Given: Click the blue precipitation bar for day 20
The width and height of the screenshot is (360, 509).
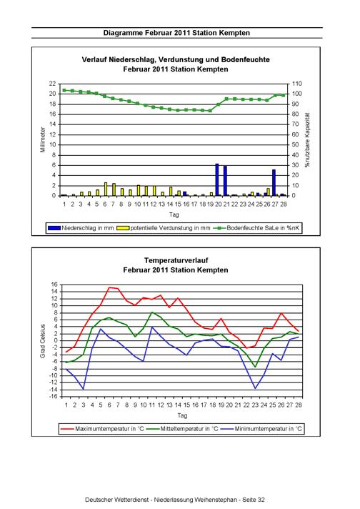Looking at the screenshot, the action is pos(217,180).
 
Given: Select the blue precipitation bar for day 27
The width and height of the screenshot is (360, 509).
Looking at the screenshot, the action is pos(274,183).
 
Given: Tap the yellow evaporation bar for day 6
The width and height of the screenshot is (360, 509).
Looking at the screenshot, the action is pos(106,189).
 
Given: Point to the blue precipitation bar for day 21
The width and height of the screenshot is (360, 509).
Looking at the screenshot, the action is pos(225,181).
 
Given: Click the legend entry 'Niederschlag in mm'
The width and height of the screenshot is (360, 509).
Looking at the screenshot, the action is pos(81,228).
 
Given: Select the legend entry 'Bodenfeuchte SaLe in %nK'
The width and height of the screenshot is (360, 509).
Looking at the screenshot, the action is pos(256,228).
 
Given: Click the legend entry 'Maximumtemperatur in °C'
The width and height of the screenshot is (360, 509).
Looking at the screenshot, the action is pos(102,429).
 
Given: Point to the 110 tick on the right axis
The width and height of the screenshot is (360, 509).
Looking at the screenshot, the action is pos(296,84).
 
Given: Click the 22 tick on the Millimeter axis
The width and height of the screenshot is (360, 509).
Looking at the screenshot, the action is pos(53,84).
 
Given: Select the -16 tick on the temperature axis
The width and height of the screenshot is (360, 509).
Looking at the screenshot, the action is pos(53,397).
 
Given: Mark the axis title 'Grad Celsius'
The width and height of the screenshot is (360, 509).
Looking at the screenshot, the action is pos(43,341).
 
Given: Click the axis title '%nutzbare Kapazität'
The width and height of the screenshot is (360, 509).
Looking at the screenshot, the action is pos(307,140).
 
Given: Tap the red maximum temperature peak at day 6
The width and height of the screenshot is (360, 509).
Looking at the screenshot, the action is pos(109,287).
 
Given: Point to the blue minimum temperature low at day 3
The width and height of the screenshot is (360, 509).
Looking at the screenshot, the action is pos(84,389).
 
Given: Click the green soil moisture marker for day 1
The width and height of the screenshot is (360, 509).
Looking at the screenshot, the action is pos(64,90).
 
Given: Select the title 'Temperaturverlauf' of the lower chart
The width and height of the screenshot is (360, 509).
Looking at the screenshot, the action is pos(176,260).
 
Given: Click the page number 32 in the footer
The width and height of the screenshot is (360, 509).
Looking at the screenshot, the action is pos(261,500).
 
